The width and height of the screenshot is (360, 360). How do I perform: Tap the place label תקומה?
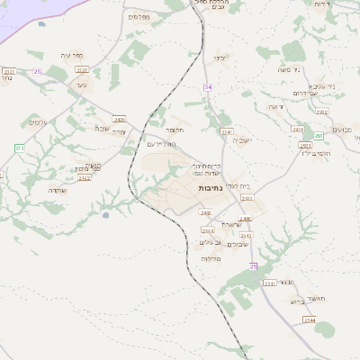point(175,130)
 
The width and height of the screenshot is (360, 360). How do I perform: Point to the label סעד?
point(82,85)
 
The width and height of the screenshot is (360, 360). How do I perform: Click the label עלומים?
point(38,122)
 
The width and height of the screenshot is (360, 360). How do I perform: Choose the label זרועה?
point(275,106)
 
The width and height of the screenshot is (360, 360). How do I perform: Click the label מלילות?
point(211,258)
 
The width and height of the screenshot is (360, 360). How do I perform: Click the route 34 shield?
point(208,86)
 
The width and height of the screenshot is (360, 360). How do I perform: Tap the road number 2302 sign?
point(322,112)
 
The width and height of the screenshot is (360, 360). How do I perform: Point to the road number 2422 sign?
point(85,178)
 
